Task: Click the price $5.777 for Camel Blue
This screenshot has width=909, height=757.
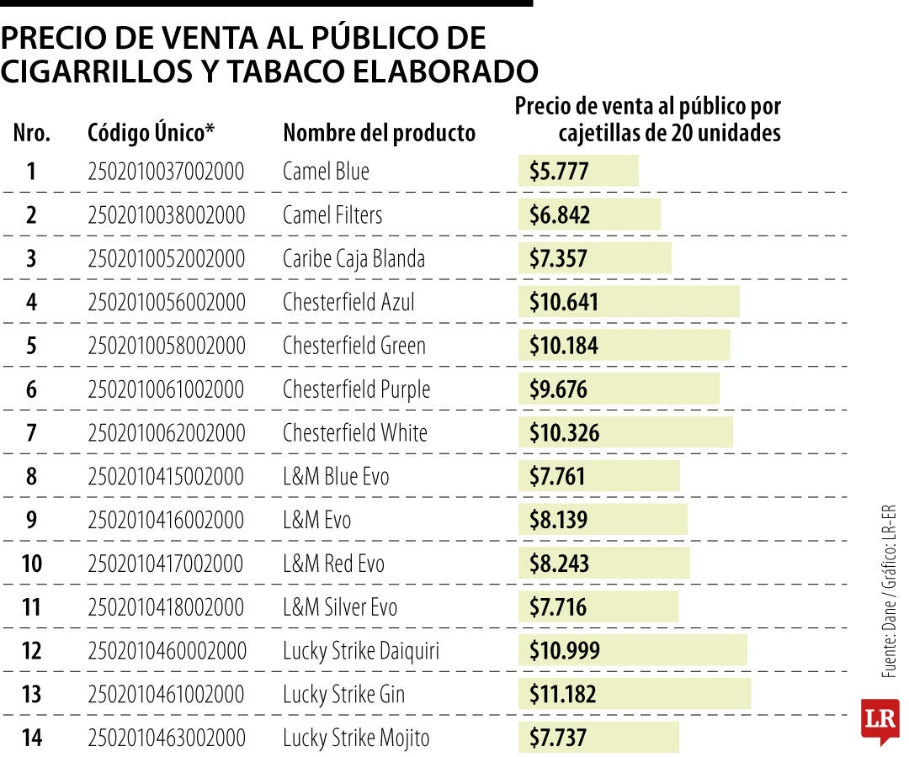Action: (559, 172)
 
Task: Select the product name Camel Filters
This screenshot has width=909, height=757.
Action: (332, 215)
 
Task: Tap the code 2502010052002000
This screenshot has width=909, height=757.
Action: (166, 259)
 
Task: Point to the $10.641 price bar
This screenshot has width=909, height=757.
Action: (628, 302)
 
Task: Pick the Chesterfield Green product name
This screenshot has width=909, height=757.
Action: (354, 346)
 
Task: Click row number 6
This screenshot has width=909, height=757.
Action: (31, 389)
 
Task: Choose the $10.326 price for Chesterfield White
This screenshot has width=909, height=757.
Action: (565, 433)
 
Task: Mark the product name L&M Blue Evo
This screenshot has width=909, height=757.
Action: (336, 477)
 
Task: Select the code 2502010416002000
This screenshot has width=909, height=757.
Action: (166, 521)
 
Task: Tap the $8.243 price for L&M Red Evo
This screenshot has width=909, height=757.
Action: (559, 564)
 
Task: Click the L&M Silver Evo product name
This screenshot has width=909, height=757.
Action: (340, 607)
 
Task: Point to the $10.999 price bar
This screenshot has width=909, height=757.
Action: (632, 651)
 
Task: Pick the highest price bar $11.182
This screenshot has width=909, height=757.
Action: (634, 695)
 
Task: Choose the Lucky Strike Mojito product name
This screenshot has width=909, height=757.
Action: (356, 738)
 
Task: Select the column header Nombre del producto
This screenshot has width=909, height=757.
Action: (379, 133)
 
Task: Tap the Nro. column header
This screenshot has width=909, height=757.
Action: (32, 133)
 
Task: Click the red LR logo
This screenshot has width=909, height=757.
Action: (880, 721)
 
